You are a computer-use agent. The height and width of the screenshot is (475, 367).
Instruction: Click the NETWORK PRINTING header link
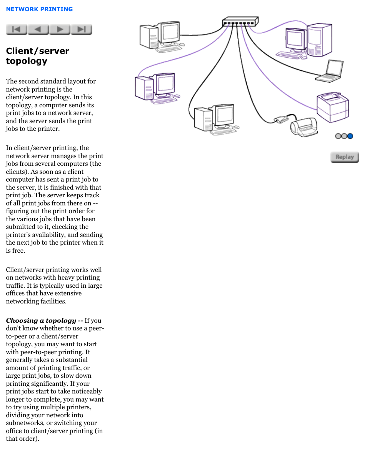tap(39, 9)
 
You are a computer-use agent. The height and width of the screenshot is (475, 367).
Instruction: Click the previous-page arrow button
tap(38, 29)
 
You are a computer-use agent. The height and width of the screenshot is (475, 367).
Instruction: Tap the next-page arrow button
tap(60, 29)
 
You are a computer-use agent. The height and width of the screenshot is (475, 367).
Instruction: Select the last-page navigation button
tap(82, 29)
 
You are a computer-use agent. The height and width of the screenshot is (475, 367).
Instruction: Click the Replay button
tap(345, 157)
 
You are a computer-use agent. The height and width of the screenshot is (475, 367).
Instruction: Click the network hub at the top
tap(240, 22)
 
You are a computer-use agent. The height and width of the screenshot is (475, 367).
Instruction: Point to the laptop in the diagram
tap(330, 72)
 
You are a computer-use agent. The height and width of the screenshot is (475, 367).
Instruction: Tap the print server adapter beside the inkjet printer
tap(281, 119)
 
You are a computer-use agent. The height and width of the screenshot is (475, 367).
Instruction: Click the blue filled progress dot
tap(350, 136)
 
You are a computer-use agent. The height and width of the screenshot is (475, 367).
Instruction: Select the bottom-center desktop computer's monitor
tap(225, 115)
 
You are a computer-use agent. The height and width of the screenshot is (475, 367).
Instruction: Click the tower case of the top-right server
tap(319, 40)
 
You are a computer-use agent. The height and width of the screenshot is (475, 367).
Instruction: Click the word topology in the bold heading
tap(27, 61)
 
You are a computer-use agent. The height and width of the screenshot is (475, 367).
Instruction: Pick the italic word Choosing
tap(22, 320)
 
